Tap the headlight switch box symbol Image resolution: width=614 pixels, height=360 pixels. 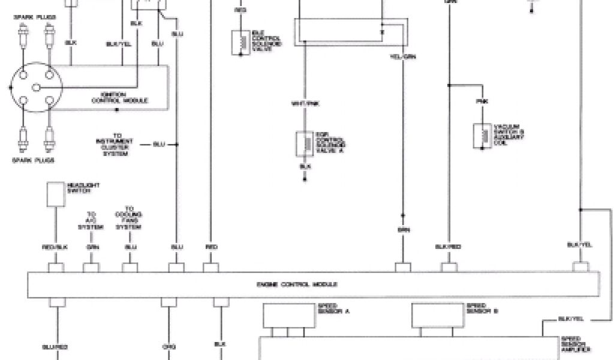tap(56, 193)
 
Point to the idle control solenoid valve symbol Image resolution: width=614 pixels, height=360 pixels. tap(240, 41)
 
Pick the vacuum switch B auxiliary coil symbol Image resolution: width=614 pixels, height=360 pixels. tap(481, 134)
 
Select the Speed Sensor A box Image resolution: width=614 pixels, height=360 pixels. tap(288, 314)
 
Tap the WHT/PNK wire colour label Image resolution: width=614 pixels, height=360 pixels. tap(304, 103)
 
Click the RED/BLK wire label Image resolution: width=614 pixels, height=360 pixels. tap(56, 247)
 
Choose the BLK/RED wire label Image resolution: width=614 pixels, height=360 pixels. tap(447, 247)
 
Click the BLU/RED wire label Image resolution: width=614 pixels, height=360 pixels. tap(58, 346)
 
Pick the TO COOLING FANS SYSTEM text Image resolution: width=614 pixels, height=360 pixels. tap(129, 220)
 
